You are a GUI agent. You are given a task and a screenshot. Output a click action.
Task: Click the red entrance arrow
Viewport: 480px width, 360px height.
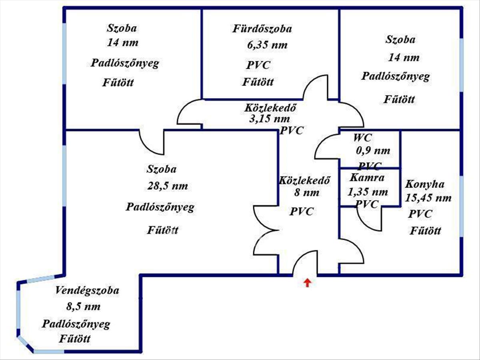[307, 283]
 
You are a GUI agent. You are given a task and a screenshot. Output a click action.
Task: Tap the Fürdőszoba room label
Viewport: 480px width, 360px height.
[262, 29]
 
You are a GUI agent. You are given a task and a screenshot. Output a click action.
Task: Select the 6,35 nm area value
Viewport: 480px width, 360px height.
[267, 45]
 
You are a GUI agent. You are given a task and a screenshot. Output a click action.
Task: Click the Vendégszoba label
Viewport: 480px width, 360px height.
[87, 290]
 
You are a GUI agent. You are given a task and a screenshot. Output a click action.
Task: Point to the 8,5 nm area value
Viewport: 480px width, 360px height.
[83, 307]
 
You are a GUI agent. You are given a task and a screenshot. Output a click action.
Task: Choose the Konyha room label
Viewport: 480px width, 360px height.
[425, 184]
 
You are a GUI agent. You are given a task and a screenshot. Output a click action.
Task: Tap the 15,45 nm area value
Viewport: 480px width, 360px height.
[428, 198]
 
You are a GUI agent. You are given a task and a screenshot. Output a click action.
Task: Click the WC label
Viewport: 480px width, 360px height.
[362, 138]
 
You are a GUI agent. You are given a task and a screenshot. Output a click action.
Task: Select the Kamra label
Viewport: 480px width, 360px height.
[367, 178]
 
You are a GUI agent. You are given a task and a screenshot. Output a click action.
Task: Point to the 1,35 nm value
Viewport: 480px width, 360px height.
[368, 192]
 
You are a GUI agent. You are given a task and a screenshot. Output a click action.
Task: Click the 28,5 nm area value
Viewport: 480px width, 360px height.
[168, 186]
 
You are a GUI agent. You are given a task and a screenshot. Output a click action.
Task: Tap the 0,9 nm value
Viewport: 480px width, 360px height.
[373, 151]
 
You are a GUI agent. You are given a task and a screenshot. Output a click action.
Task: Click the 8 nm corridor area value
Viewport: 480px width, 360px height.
[307, 193]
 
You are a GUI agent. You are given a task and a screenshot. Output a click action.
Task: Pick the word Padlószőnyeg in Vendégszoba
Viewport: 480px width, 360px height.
[76, 324]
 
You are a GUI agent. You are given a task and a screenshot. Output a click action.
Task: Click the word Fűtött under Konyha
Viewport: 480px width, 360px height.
[425, 231]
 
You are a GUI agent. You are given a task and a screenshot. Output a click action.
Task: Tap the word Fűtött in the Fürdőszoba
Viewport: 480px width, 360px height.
[258, 82]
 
